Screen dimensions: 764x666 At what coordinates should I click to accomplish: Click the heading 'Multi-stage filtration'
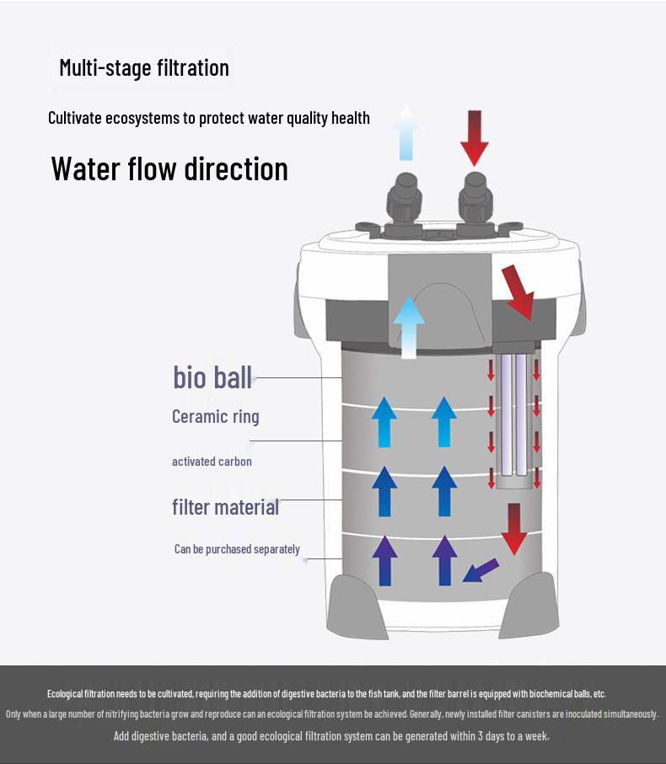pos(144,67)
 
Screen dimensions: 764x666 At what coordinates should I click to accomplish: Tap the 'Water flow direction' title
pos(169,168)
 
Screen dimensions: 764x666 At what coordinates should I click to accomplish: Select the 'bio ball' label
pos(212,377)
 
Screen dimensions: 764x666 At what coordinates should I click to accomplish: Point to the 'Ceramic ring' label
pos(216,416)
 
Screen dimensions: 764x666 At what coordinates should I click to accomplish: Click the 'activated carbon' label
pos(212,462)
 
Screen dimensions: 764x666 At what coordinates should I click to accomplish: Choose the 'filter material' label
pos(225,507)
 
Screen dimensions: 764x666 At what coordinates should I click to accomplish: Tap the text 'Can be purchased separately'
pos(237,549)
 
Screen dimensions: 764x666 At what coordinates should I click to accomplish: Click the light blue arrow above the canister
pos(406,132)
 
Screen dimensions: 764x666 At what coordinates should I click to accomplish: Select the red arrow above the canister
pos(475,136)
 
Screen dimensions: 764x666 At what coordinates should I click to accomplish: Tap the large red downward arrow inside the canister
pos(513,529)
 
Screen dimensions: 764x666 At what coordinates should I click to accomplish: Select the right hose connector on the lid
pos(475,202)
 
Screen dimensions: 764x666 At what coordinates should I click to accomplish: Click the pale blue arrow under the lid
pos(410,325)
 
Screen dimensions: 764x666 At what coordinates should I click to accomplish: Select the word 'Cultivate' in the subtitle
pos(74,118)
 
